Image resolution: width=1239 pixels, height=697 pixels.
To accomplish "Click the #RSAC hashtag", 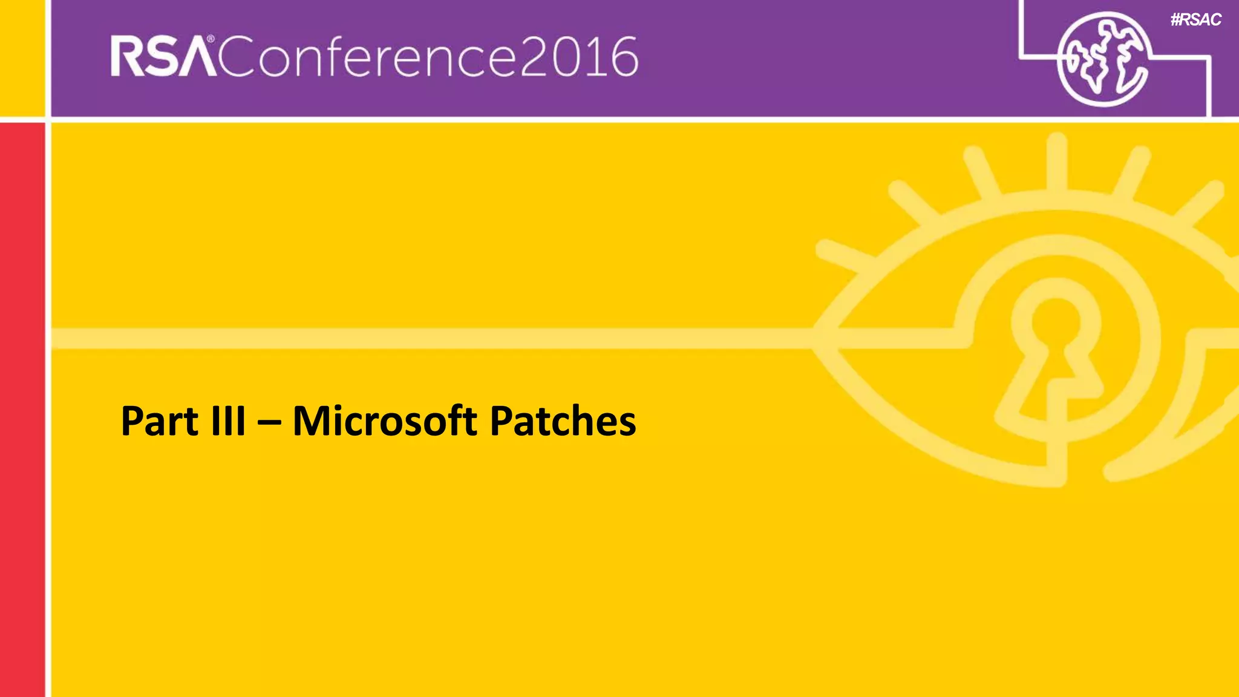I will click(x=1195, y=20).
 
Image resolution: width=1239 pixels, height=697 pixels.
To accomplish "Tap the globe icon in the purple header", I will click(x=1102, y=59).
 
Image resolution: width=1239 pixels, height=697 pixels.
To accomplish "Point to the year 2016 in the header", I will click(x=578, y=57).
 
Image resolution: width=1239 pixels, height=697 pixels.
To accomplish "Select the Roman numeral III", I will click(x=229, y=421).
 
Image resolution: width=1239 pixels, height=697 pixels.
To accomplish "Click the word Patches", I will click(x=563, y=421).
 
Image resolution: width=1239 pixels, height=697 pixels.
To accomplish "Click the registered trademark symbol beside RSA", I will click(x=211, y=39).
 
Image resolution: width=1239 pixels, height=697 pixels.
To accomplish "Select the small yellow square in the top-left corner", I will click(x=22, y=57).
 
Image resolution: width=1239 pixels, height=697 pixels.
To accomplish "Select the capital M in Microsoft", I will click(x=310, y=421).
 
